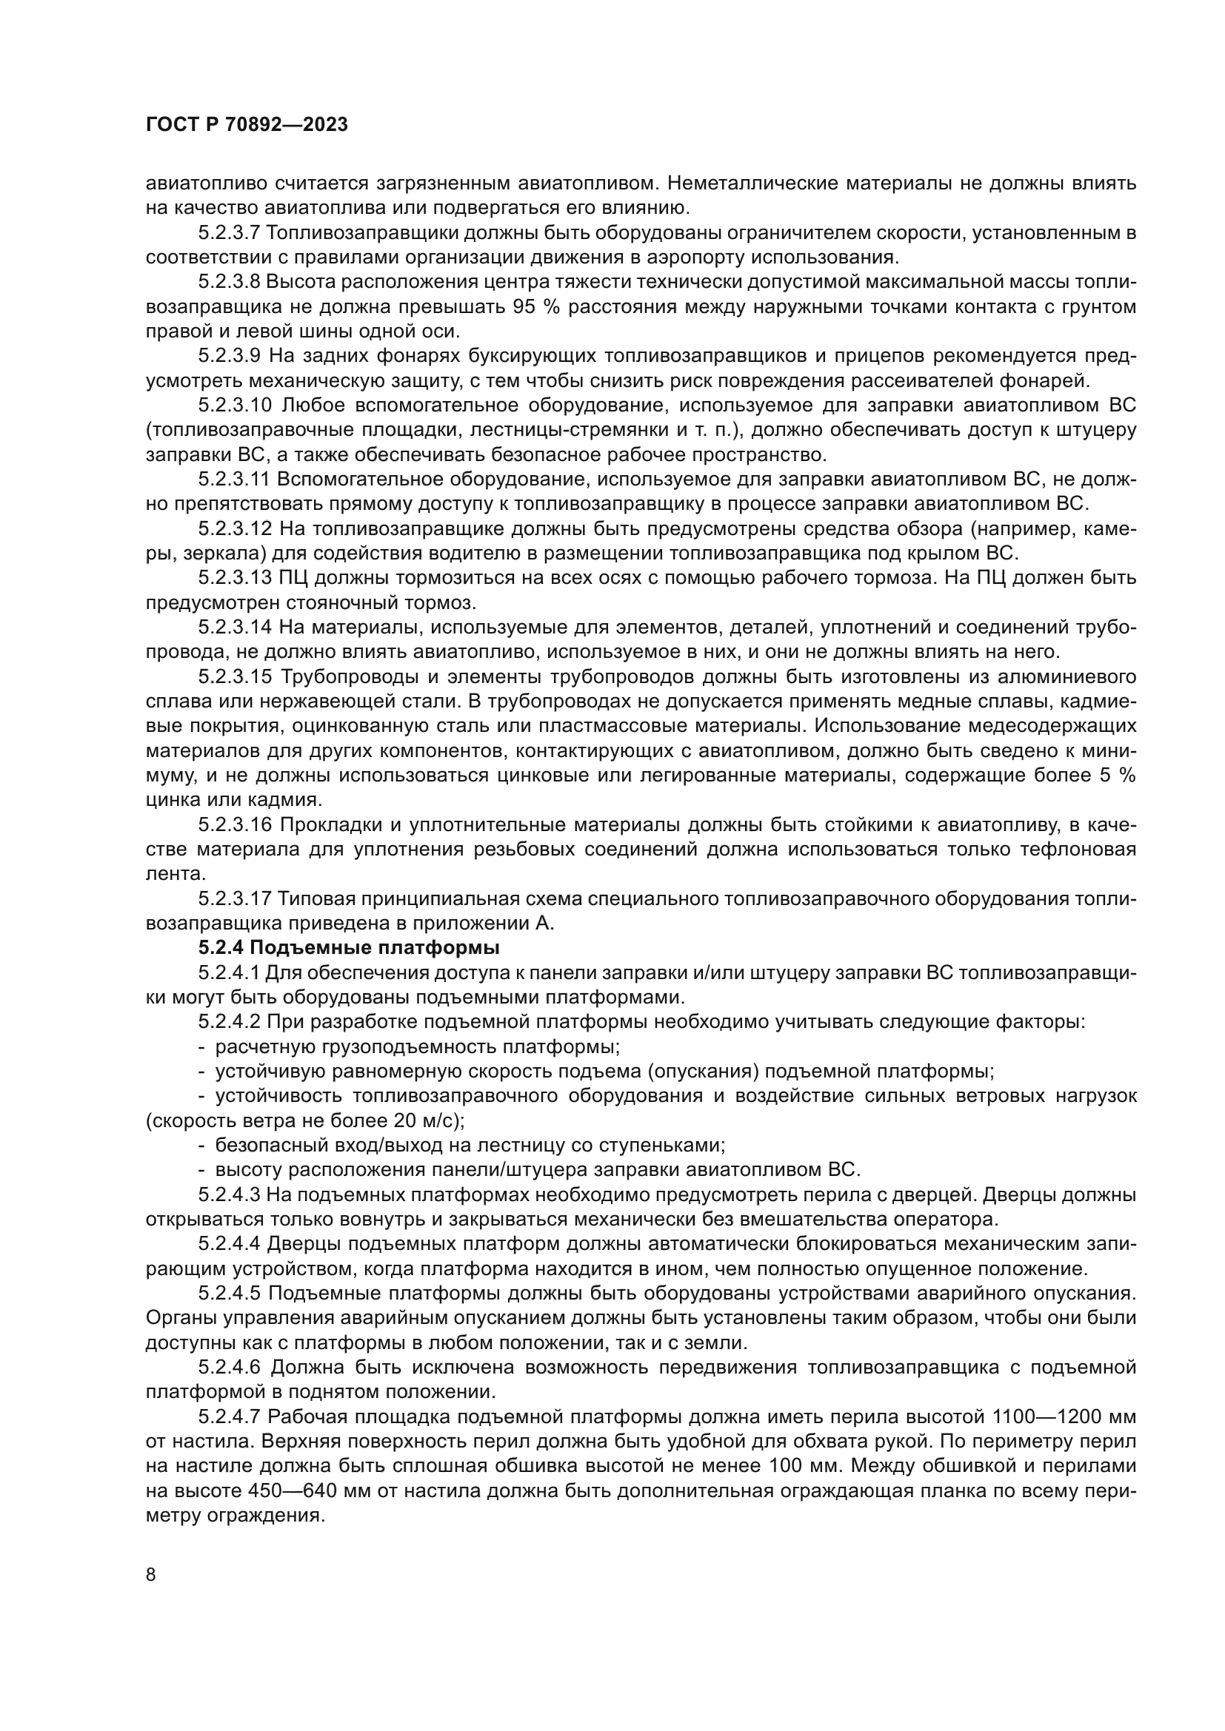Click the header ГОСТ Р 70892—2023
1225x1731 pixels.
tap(247, 125)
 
